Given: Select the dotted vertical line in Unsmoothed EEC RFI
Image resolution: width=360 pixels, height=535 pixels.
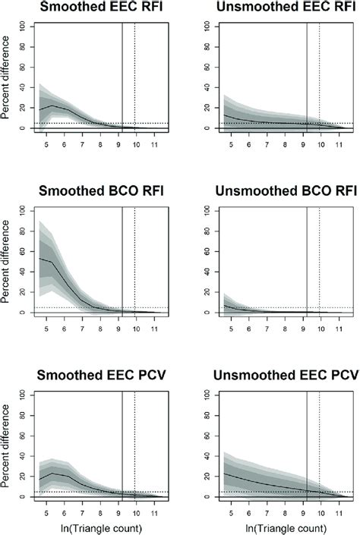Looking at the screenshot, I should click(319, 76).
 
